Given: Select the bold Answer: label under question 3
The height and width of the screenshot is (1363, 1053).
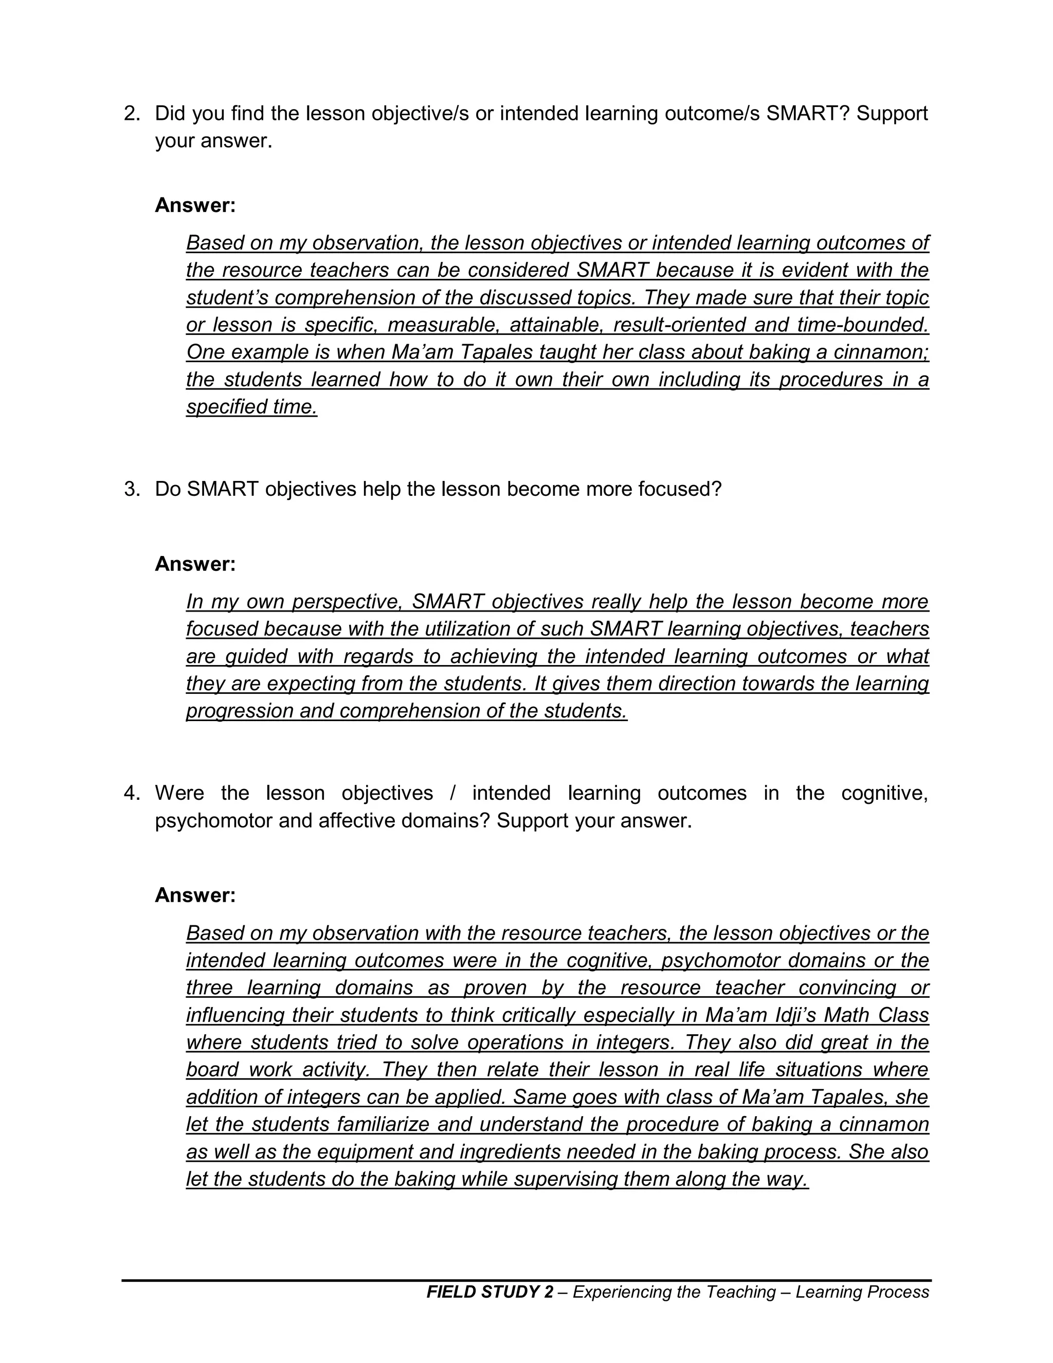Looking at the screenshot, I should click(x=195, y=564).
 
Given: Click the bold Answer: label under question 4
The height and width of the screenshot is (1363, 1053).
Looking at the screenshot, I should click(x=195, y=895).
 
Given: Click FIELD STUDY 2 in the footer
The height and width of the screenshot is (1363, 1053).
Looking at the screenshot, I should click(x=489, y=1292).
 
